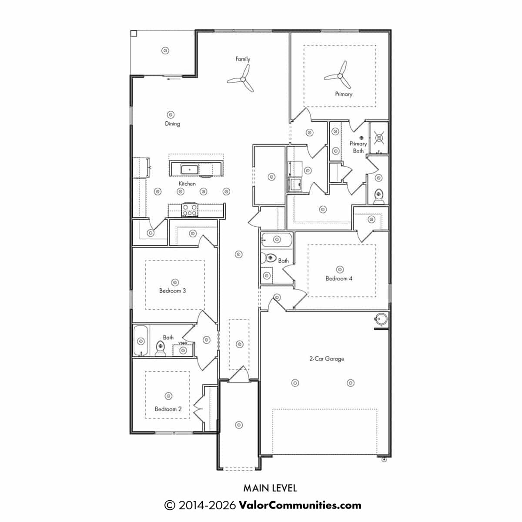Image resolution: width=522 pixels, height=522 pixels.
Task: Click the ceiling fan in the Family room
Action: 243,79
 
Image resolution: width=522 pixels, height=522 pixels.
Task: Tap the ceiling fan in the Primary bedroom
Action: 340,76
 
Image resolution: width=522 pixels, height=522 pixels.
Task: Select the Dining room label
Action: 173,124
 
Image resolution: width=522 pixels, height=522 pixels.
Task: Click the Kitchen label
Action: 187,184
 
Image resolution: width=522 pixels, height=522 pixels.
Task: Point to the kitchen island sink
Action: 189,170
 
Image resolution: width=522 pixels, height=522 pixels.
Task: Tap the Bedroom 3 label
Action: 173,291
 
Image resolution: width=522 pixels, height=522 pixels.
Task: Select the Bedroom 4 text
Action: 339,278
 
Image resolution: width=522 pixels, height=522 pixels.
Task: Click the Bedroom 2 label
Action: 168,409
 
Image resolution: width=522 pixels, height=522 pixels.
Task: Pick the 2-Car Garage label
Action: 327,358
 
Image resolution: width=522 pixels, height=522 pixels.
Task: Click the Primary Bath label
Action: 358,147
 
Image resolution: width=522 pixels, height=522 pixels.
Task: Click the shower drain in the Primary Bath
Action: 379,138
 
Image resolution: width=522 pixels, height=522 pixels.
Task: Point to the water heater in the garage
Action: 381,319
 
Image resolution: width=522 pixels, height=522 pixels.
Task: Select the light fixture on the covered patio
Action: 165,50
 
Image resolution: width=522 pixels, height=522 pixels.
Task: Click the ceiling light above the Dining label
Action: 171,114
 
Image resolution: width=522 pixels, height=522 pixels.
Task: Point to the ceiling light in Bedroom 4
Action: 340,269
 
